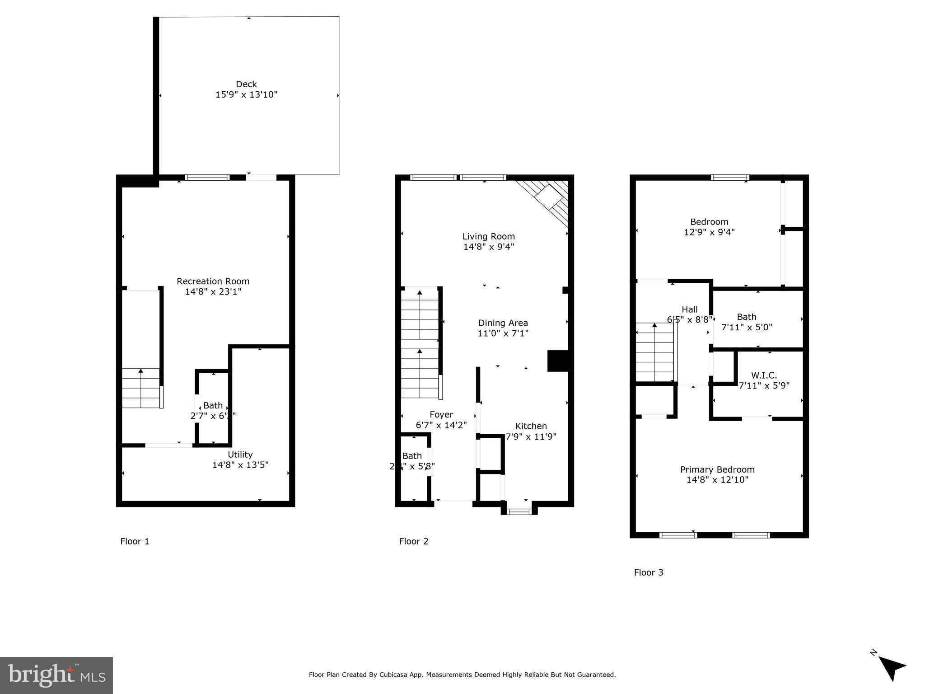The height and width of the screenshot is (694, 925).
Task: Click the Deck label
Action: click(x=246, y=84)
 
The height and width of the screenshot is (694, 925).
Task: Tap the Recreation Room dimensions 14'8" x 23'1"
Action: click(x=213, y=292)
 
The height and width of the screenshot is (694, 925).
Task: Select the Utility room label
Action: click(x=240, y=455)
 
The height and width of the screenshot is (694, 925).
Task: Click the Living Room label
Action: click(x=488, y=236)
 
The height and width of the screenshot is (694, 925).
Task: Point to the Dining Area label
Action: click(x=503, y=323)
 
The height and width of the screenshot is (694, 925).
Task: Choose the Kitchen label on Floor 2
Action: click(x=531, y=426)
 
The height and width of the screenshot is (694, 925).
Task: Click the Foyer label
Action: click(x=441, y=415)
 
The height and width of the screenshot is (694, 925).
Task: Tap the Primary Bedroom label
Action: click(x=717, y=469)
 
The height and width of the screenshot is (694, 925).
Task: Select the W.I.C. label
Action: click(x=764, y=375)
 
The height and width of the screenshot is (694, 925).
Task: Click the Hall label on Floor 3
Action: click(x=689, y=309)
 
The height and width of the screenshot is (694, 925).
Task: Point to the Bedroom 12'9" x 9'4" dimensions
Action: click(x=709, y=232)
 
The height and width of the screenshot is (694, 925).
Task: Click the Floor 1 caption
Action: click(x=135, y=541)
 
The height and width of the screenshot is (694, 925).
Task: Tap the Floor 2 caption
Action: click(x=413, y=541)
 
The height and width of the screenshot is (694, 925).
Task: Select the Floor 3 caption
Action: click(x=648, y=572)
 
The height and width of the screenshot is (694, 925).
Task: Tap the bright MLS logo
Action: click(x=56, y=675)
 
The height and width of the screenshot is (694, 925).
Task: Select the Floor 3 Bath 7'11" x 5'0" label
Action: click(x=746, y=317)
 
